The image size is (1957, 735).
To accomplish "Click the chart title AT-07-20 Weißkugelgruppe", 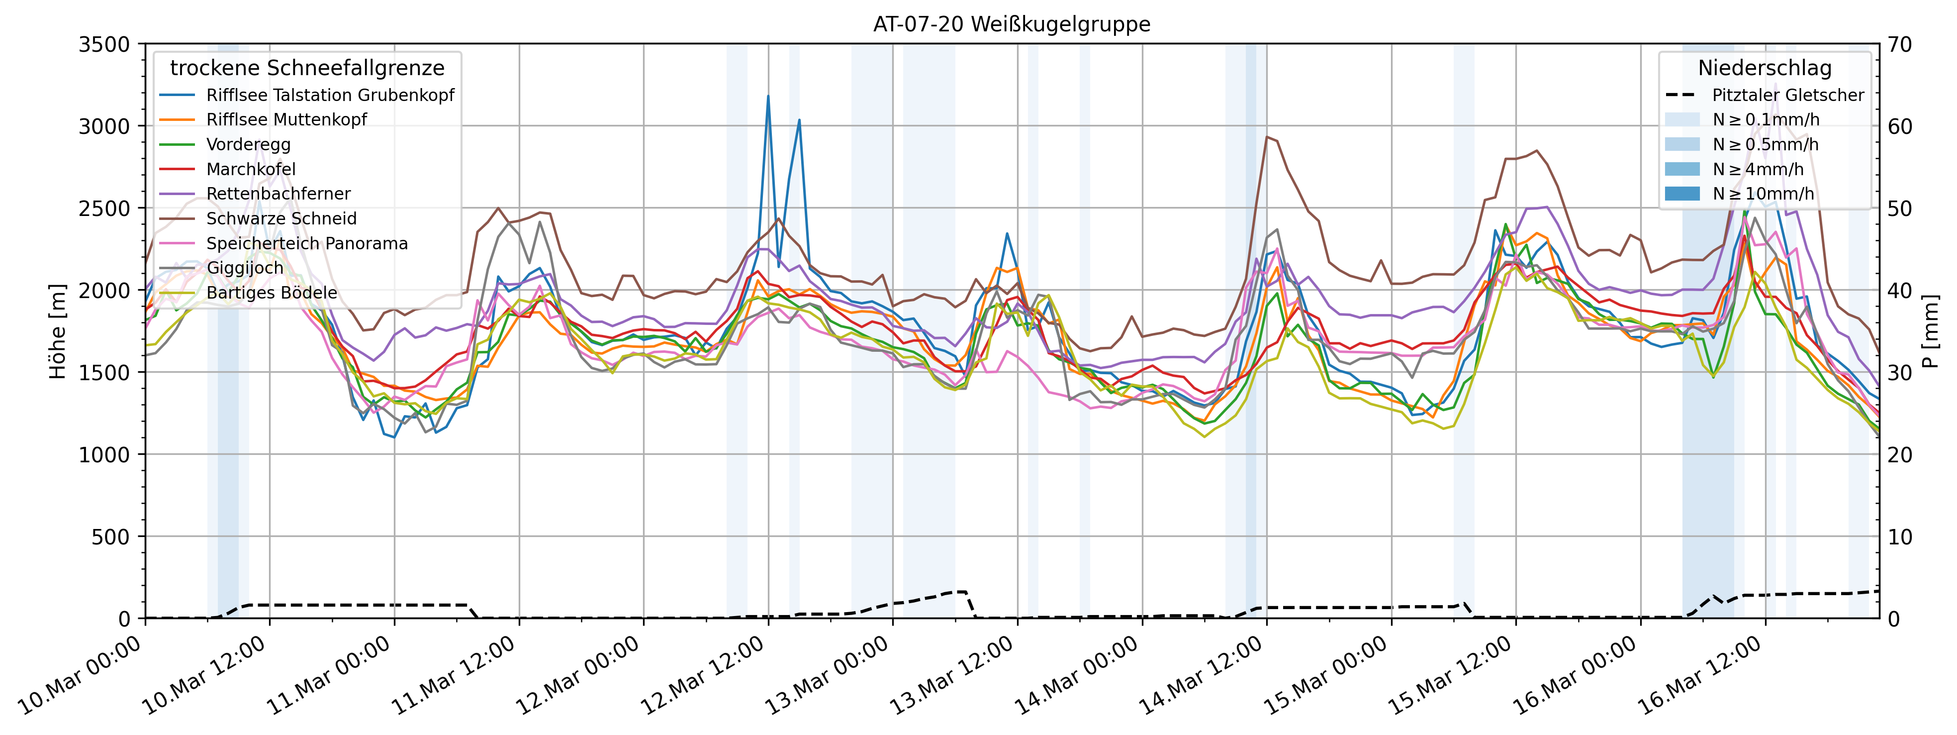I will click(x=1011, y=24).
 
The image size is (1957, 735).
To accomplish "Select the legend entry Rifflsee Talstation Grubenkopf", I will click(x=330, y=95).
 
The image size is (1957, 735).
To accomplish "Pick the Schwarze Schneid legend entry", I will click(x=281, y=219).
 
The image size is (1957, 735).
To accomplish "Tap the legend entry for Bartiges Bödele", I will click(x=271, y=293).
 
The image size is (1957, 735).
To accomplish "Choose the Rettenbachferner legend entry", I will click(x=278, y=194).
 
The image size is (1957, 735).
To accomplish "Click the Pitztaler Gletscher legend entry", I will click(x=1787, y=95).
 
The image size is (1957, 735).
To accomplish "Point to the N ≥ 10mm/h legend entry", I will click(x=1763, y=194).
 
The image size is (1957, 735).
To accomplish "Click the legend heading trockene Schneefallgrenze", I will click(x=307, y=68).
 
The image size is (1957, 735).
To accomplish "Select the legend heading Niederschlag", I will click(x=1764, y=68).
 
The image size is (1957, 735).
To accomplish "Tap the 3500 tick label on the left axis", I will click(x=105, y=44).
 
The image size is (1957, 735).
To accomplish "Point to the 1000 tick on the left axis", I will click(x=105, y=454).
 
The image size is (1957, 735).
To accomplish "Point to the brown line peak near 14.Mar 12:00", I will click(x=1266, y=137).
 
